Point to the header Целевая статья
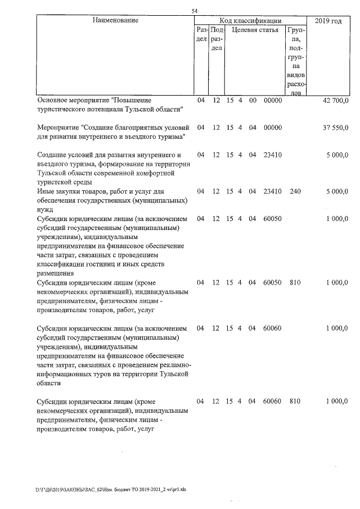255,30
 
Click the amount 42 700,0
336,101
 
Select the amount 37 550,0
336,128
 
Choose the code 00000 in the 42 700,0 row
272,101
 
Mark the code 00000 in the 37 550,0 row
272,128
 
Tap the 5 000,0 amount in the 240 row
338,192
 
